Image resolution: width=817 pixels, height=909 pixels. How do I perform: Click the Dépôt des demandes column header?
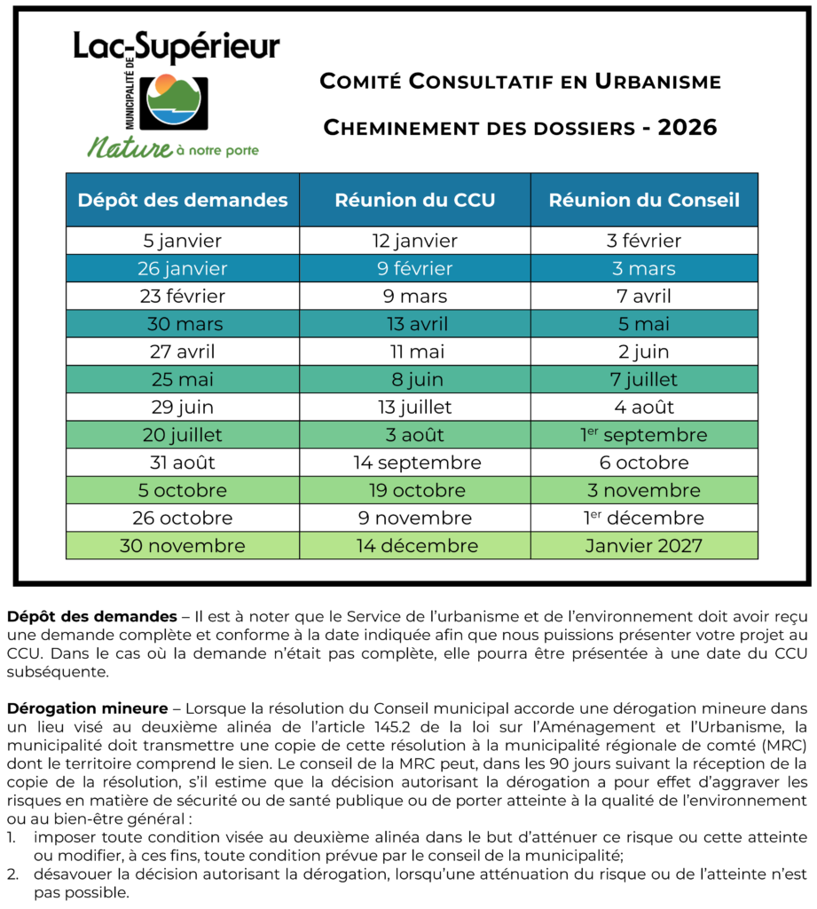coord(183,200)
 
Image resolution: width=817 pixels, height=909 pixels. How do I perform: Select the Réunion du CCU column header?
coord(414,200)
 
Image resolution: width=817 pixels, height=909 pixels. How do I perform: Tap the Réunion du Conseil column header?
coord(644,200)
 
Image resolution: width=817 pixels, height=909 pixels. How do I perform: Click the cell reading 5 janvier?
coord(183,241)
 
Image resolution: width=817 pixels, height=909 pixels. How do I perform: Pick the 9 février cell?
coord(414,268)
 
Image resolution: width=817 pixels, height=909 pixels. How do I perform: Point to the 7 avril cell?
coord(644,296)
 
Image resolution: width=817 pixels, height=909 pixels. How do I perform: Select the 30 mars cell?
coord(183,324)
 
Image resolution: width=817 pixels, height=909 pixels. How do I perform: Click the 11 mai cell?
coord(414,352)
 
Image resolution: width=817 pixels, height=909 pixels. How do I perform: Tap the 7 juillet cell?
coord(644,380)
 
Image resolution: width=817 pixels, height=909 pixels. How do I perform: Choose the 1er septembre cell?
coord(644,435)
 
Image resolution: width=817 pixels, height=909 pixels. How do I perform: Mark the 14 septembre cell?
coord(414,462)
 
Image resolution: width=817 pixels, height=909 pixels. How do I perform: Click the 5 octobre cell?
coord(183,490)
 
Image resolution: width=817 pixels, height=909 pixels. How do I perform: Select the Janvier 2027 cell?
coord(644,546)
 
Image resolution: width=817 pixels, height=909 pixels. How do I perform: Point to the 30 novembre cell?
coord(183,546)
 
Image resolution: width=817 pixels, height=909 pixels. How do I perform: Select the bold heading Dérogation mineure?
coord(87,708)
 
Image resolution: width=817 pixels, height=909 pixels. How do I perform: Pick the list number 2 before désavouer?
coord(12,874)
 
